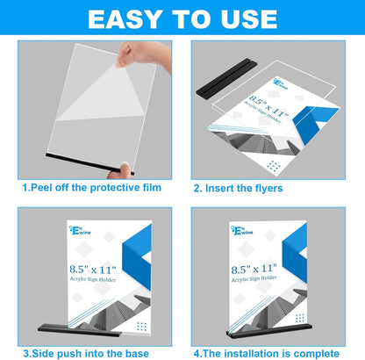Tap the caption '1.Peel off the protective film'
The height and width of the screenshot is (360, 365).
(92, 187)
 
